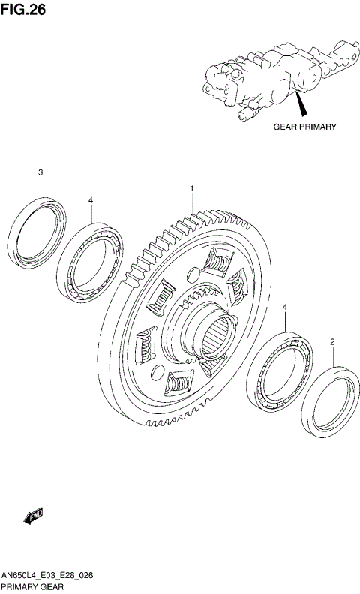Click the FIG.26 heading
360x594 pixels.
point(23,10)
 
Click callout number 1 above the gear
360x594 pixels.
point(192,188)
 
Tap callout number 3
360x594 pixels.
point(40,172)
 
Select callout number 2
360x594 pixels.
point(332,342)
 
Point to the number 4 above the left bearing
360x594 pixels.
point(91,200)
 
